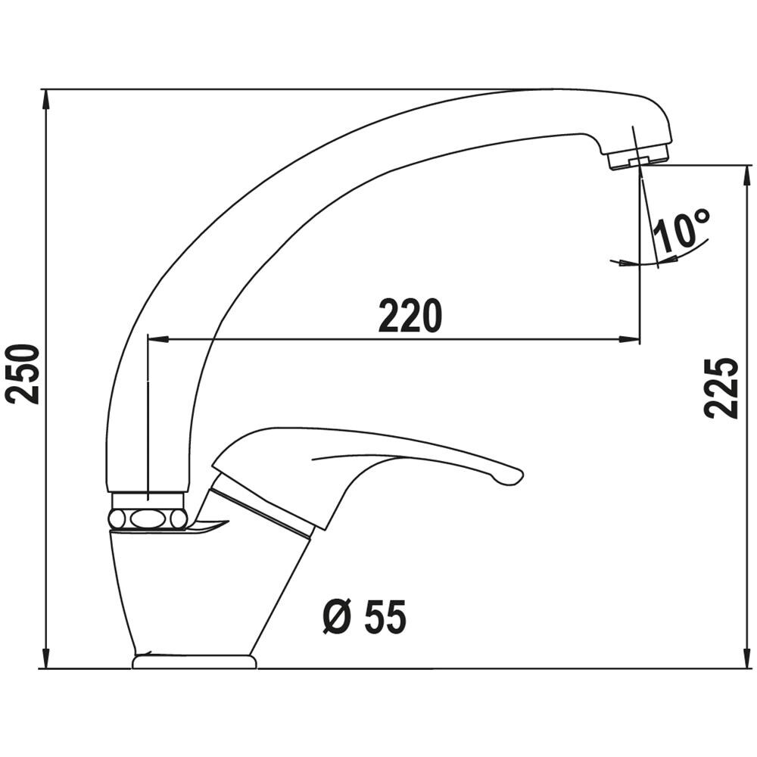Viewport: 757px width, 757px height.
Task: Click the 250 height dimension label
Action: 23,374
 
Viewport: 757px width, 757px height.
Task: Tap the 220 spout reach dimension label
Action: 410,316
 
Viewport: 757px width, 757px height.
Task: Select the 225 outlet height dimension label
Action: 721,388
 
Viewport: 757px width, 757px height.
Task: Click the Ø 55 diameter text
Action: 365,616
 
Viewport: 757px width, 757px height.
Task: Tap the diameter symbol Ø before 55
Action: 336,617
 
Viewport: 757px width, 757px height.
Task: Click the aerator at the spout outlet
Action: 638,158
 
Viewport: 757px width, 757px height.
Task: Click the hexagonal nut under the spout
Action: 148,519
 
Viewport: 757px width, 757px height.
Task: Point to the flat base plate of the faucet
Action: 194,661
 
